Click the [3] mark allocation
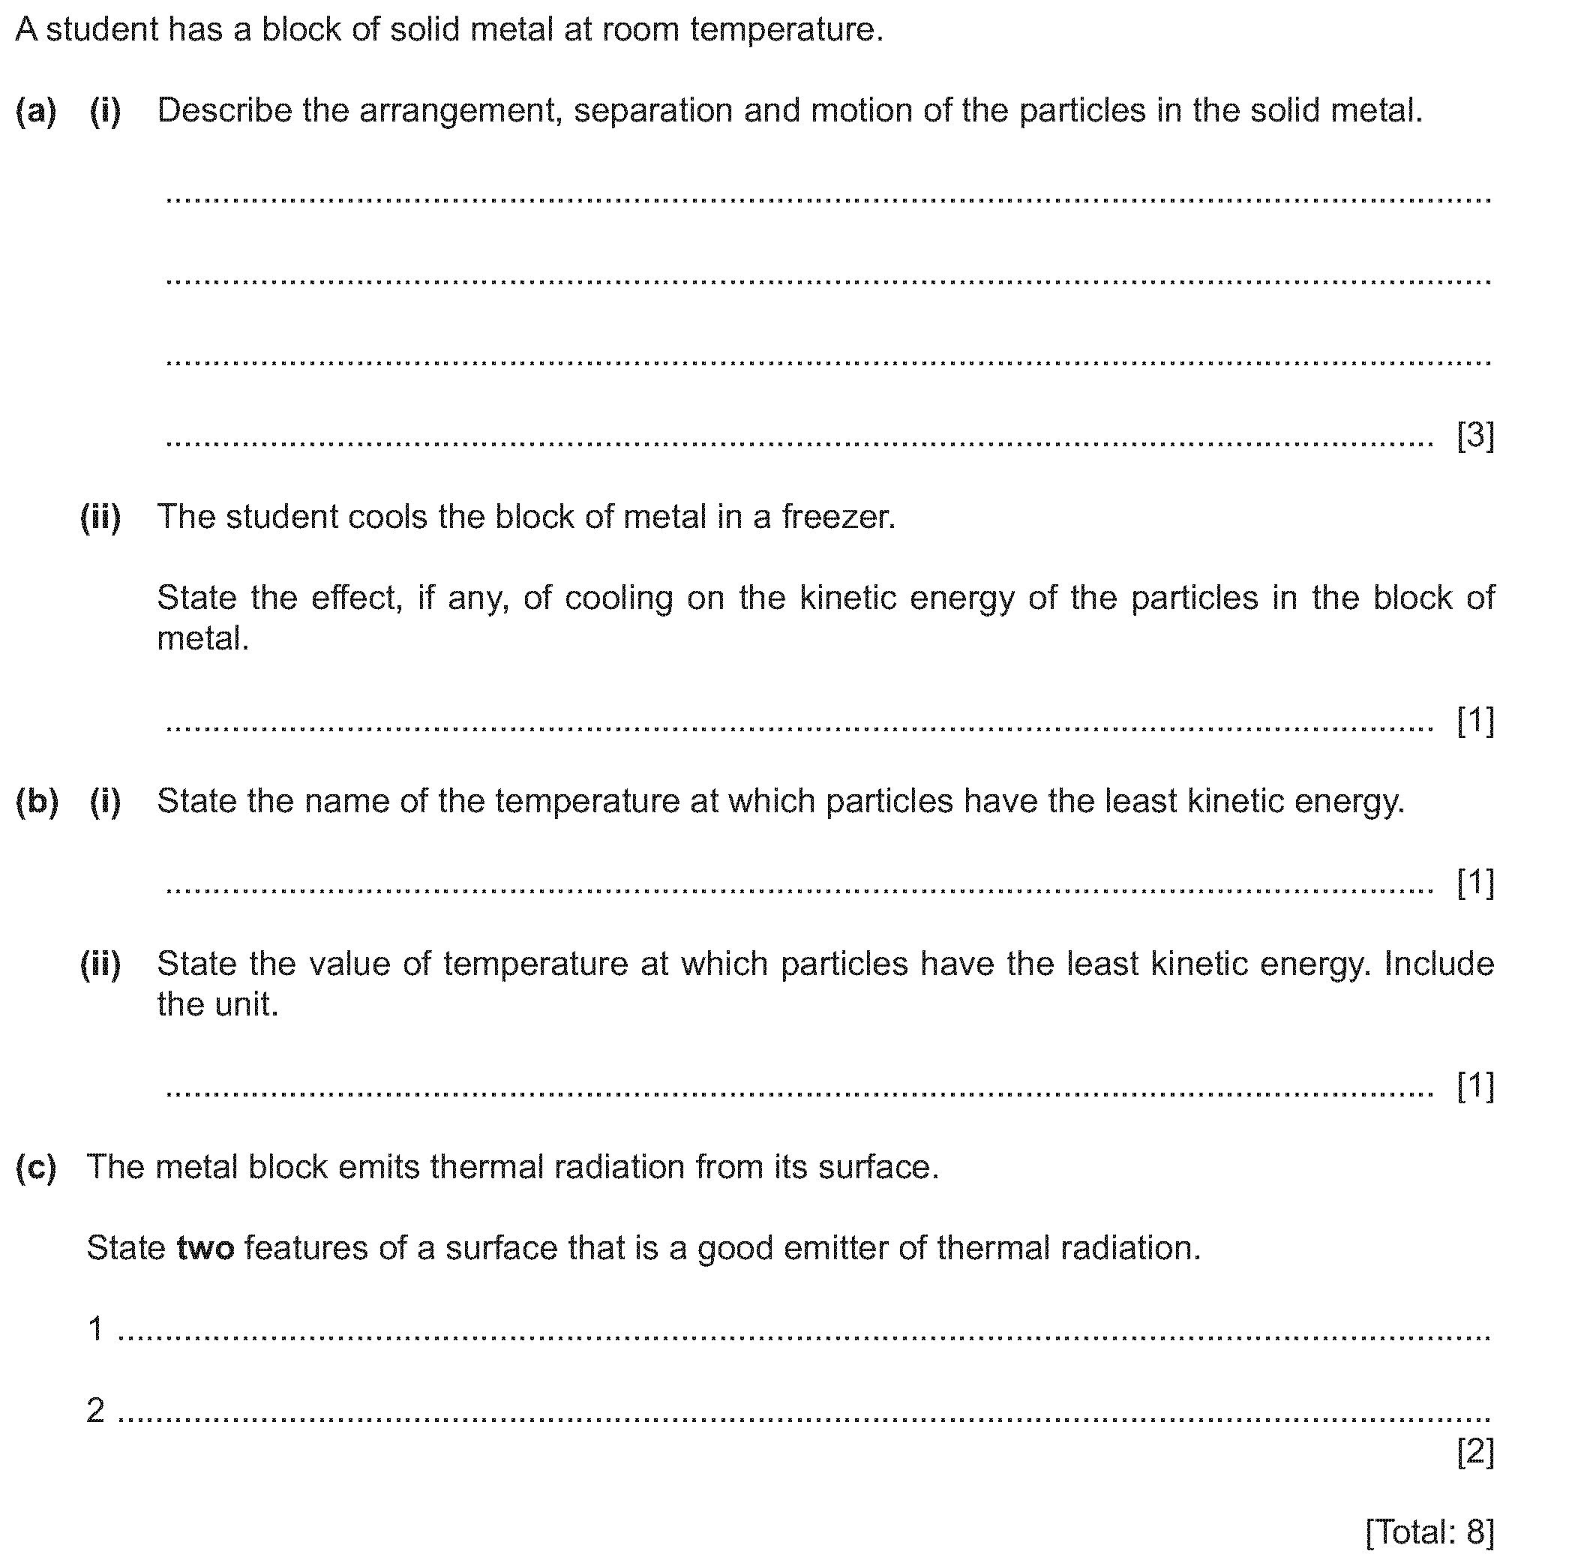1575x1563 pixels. tap(1475, 437)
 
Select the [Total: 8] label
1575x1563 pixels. tap(1430, 1532)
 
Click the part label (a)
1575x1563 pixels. tap(36, 111)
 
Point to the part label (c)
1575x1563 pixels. tap(36, 1168)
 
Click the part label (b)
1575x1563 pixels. tap(37, 802)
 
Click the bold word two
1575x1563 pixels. tap(205, 1248)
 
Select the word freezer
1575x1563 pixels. tap(838, 517)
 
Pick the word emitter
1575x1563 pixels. tap(835, 1248)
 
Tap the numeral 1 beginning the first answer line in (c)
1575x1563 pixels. tap(95, 1329)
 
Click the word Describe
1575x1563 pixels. tap(224, 111)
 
